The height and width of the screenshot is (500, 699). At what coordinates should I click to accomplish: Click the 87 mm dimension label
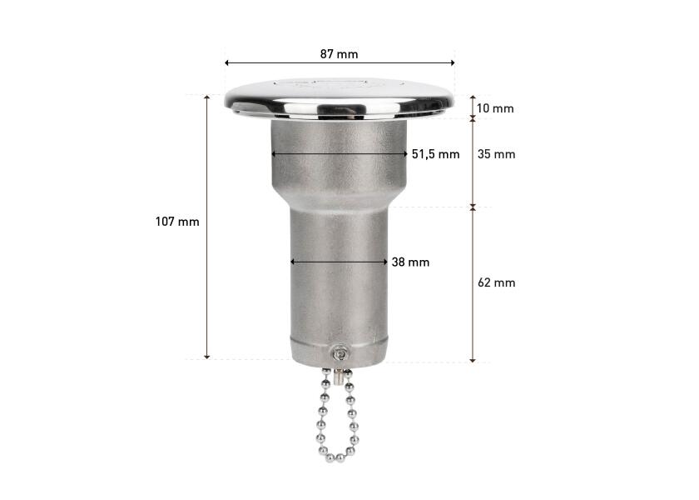(x=339, y=53)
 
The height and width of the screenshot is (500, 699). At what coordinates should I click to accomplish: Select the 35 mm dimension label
(x=498, y=154)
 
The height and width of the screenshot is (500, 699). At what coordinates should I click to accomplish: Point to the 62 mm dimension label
(x=498, y=282)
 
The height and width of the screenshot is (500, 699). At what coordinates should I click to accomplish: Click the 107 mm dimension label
(x=177, y=222)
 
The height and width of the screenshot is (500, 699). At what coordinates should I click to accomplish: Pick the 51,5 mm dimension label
(x=436, y=154)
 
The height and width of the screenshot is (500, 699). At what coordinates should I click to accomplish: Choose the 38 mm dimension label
(x=410, y=262)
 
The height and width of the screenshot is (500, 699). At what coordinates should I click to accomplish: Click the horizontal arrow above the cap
(x=340, y=62)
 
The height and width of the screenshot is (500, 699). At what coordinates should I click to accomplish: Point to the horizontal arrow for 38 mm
(x=339, y=262)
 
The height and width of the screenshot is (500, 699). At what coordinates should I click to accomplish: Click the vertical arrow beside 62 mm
(x=473, y=283)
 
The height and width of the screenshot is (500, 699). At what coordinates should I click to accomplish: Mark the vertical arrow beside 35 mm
(x=473, y=162)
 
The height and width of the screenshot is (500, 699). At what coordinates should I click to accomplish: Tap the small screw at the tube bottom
(x=340, y=354)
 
